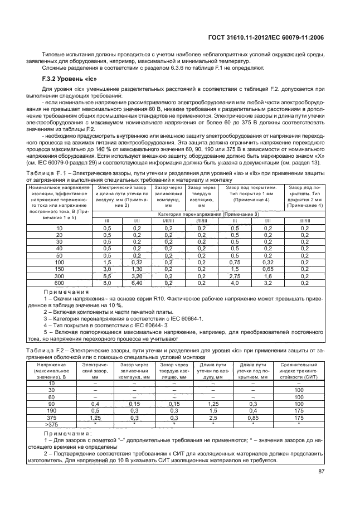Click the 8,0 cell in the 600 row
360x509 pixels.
point(108,283)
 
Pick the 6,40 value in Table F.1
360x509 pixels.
point(137,283)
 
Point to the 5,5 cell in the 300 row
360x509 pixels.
point(108,276)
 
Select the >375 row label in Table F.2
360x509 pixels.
point(51,424)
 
